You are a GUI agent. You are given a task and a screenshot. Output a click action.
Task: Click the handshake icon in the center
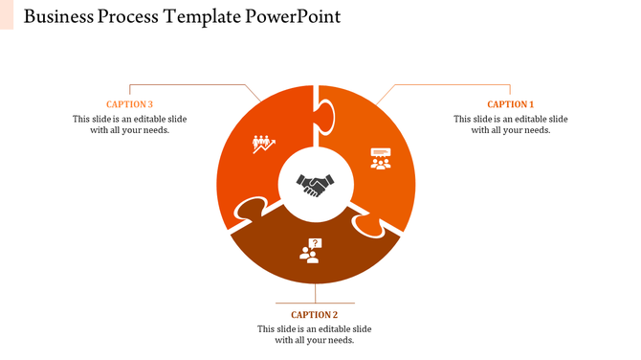tap(315, 184)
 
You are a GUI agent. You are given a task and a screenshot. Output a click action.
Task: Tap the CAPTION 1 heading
tap(510, 104)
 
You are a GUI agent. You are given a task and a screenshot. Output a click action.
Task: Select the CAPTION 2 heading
tap(314, 314)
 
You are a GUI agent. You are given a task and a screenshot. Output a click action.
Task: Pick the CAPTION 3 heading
tap(129, 104)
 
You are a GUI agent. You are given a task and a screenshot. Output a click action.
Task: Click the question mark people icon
tap(310, 251)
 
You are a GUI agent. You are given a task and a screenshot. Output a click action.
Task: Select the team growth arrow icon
tap(263, 144)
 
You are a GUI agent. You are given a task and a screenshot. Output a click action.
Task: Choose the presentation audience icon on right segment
tap(381, 157)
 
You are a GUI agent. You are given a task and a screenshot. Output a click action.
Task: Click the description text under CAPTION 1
tap(510, 124)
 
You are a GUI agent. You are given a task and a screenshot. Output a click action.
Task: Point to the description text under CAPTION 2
tap(314, 334)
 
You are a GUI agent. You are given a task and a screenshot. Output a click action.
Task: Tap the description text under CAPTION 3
tap(129, 124)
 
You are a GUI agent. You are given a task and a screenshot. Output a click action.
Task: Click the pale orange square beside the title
tap(7, 14)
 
